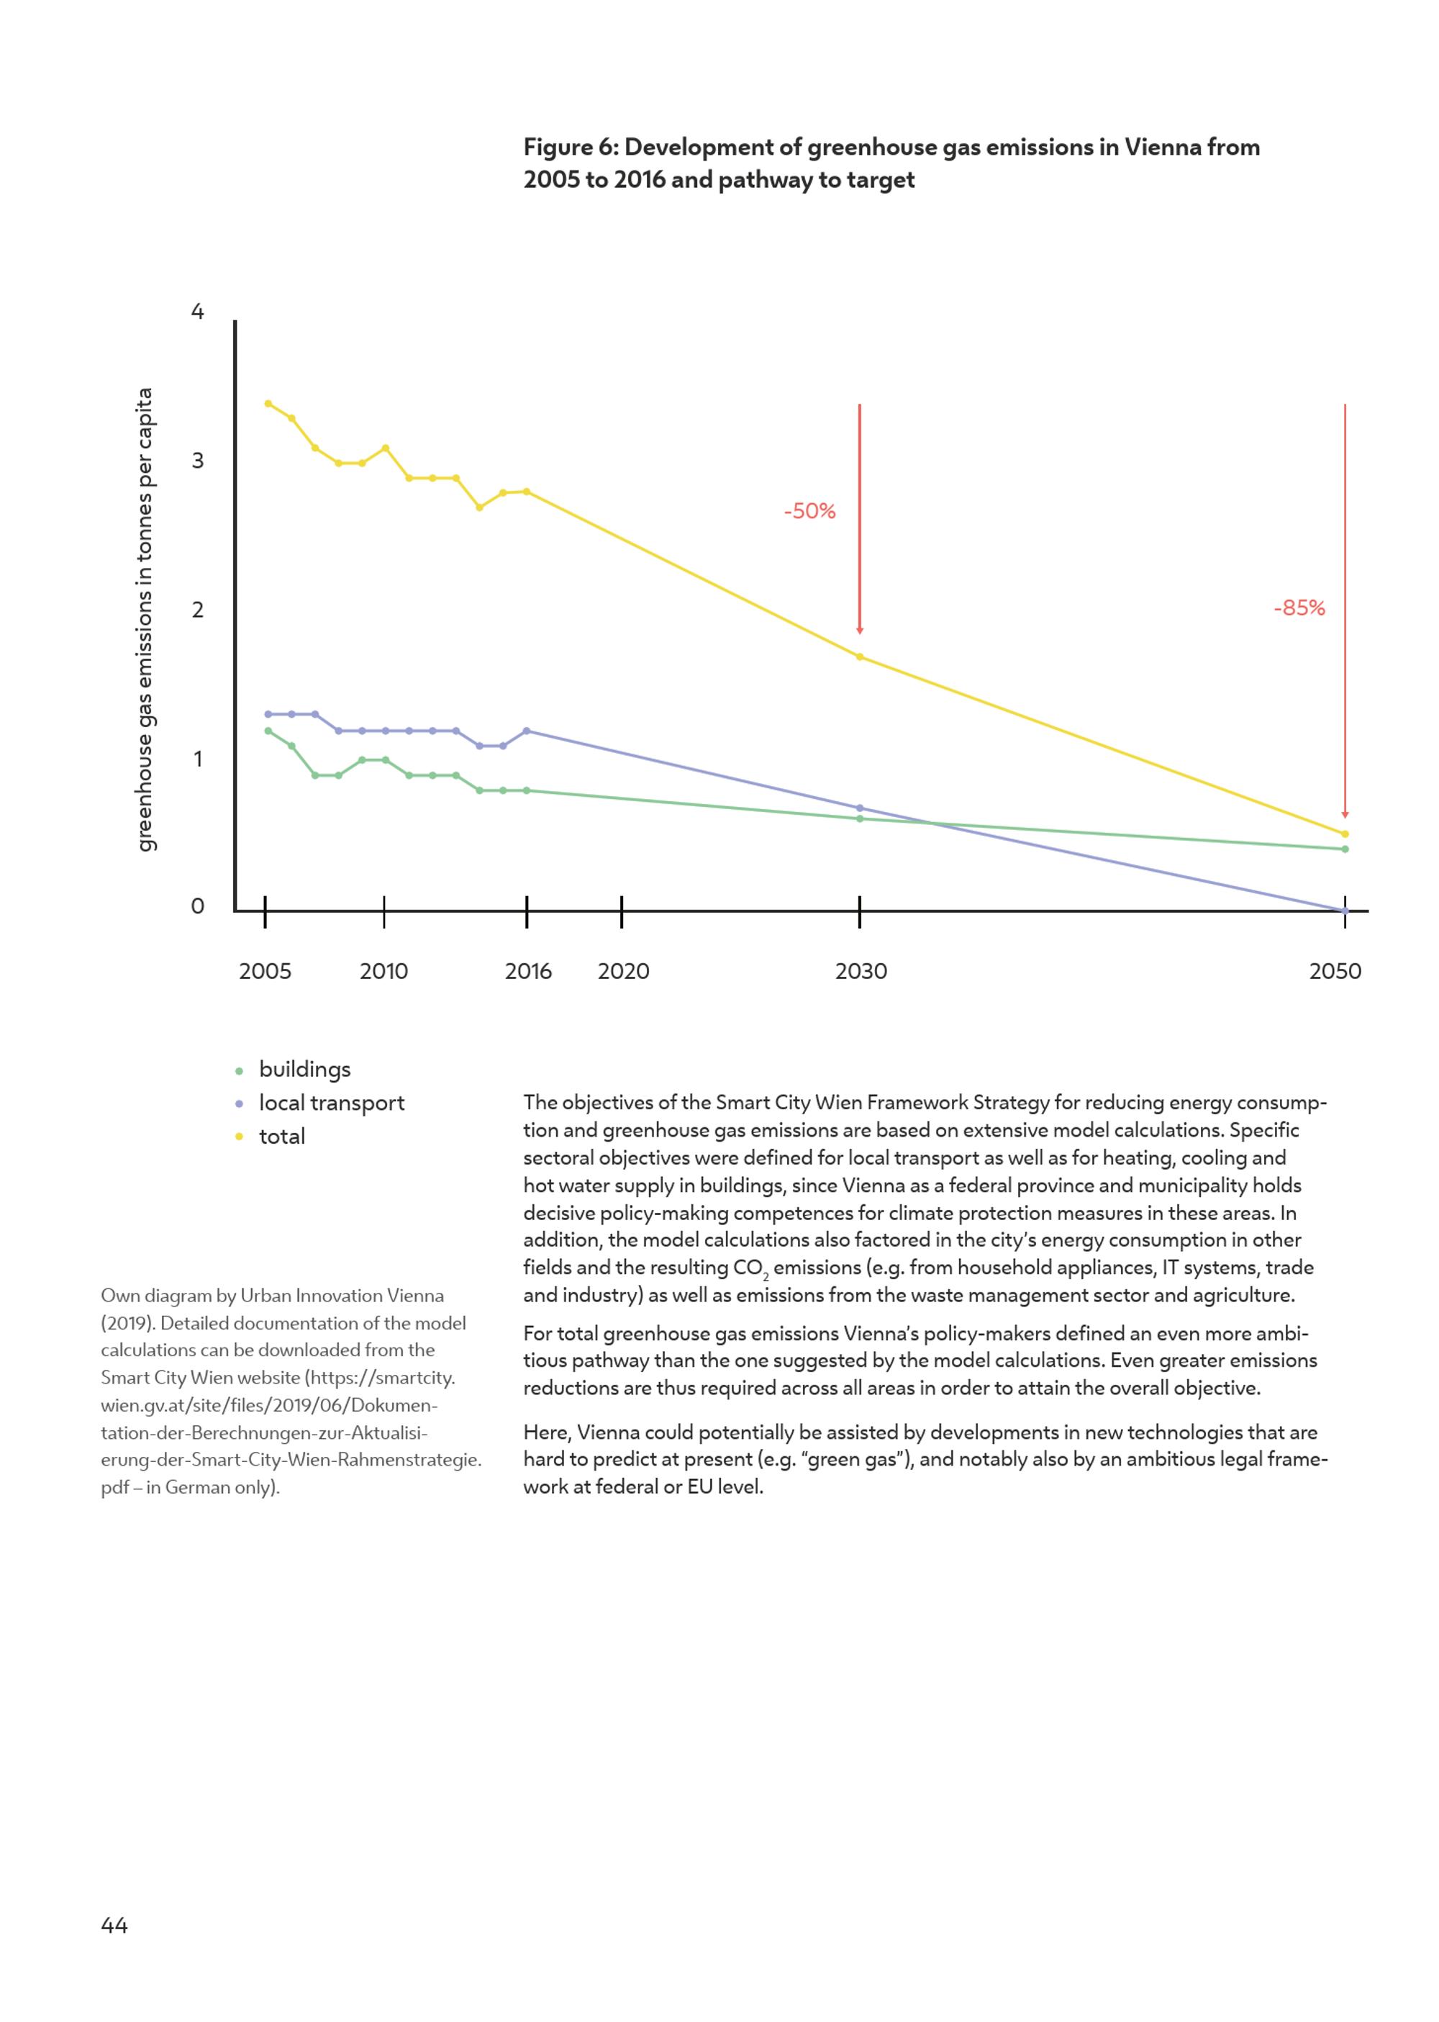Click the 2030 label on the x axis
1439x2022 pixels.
pyautogui.click(x=861, y=972)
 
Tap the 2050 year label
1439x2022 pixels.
pyautogui.click(x=1335, y=972)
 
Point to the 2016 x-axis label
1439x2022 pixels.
pyautogui.click(x=528, y=972)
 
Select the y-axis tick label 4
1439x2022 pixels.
pyautogui.click(x=198, y=311)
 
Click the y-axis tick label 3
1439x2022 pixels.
pyautogui.click(x=198, y=460)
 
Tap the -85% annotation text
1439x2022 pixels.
pyautogui.click(x=1299, y=608)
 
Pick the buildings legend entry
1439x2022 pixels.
pyautogui.click(x=294, y=1070)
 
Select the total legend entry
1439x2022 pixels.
pyautogui.click(x=271, y=1137)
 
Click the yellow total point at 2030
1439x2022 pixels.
pyautogui.click(x=860, y=657)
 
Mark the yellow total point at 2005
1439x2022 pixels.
pyautogui.click(x=268, y=403)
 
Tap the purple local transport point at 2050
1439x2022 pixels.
pyautogui.click(x=1345, y=911)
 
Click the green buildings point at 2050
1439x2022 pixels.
pyautogui.click(x=1345, y=849)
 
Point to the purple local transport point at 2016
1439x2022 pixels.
pyautogui.click(x=527, y=731)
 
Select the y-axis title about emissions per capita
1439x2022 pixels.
pyautogui.click(x=145, y=620)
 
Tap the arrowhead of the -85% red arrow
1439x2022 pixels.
pyautogui.click(x=1345, y=815)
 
